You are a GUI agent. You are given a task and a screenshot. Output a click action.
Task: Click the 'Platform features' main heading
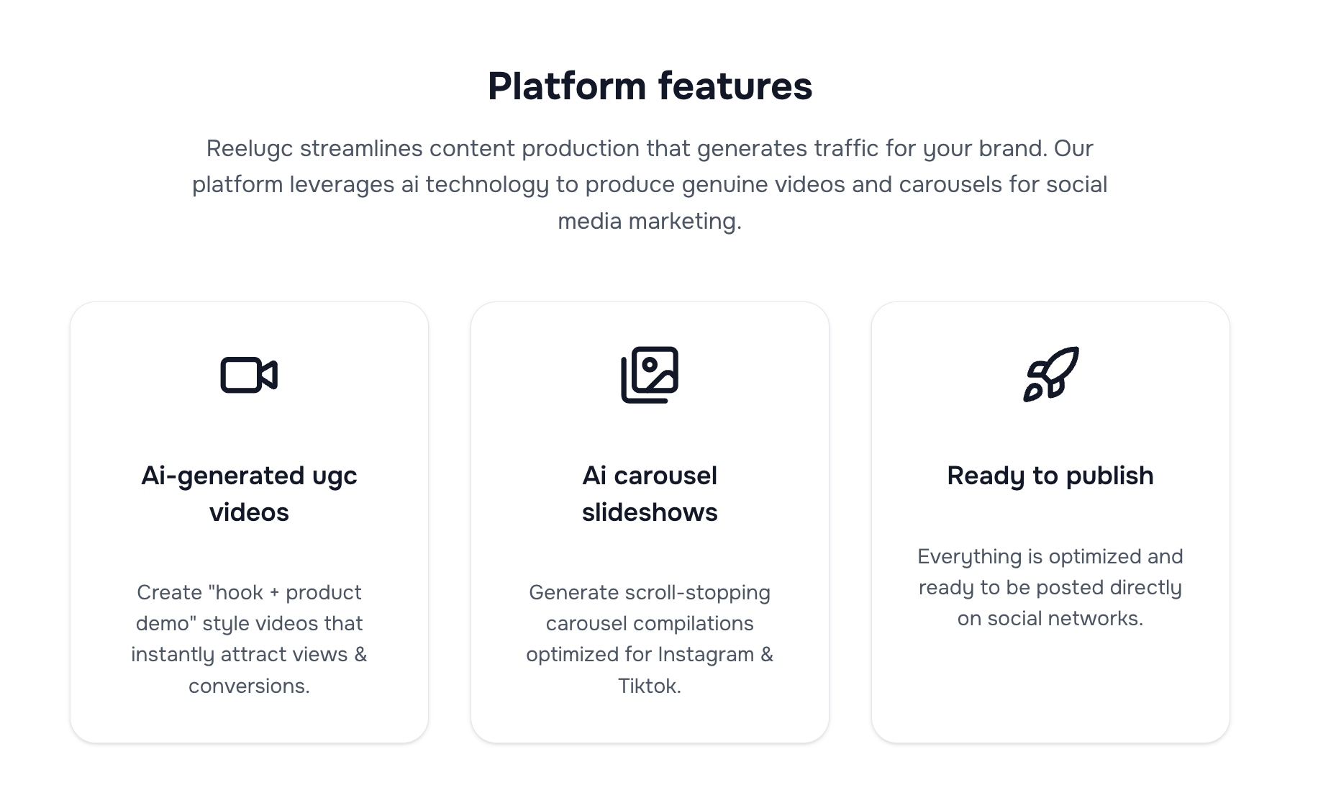tap(650, 86)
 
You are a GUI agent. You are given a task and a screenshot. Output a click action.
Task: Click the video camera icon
tap(249, 375)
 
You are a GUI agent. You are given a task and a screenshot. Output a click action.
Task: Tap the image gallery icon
tap(650, 375)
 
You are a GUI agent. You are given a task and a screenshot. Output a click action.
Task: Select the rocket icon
tap(1050, 374)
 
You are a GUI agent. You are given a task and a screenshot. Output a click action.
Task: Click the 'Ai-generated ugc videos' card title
tap(249, 494)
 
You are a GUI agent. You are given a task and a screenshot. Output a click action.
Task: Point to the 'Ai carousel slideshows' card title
tap(650, 494)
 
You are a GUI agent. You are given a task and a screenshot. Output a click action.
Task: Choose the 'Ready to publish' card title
tap(1050, 476)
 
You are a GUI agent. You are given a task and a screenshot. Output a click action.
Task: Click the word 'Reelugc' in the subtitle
tap(250, 149)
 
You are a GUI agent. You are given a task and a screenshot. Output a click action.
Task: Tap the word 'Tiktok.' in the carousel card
tap(650, 686)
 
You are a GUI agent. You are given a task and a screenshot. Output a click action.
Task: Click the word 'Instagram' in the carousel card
tap(705, 655)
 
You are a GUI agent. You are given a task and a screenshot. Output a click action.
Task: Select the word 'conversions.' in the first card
tap(249, 686)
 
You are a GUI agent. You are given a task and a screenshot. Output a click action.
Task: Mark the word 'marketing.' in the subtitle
tap(684, 221)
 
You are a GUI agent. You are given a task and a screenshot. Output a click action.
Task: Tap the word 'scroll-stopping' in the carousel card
tap(698, 593)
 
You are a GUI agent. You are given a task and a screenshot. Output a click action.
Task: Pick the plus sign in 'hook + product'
tap(274, 593)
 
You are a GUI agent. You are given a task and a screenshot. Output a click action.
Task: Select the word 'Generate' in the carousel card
tap(573, 593)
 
